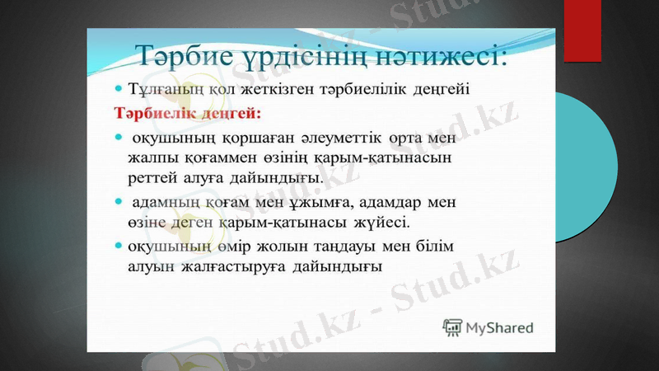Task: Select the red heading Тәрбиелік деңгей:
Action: click(164, 110)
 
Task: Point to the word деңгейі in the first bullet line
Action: click(439, 89)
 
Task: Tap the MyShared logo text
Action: click(499, 327)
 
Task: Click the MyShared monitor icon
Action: click(452, 327)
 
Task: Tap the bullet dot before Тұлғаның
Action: click(119, 87)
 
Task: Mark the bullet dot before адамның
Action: click(119, 200)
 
